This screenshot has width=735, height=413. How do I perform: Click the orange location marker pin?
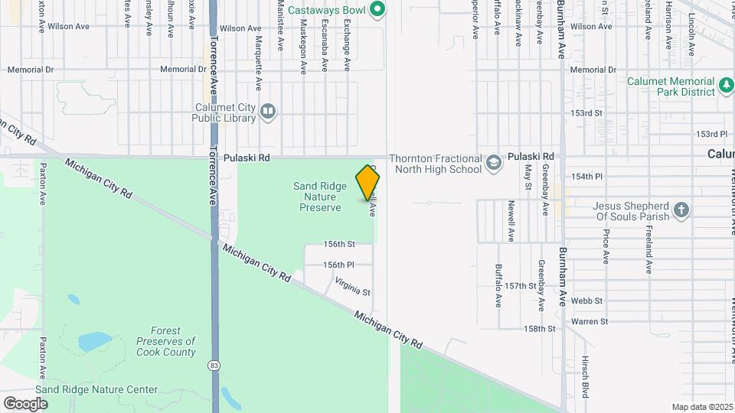(x=367, y=182)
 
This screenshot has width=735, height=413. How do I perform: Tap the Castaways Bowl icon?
(x=377, y=9)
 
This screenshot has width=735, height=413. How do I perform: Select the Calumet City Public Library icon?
(x=267, y=112)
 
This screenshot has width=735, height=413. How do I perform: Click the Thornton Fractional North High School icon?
(x=494, y=163)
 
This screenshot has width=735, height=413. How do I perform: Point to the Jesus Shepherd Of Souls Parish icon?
(x=681, y=210)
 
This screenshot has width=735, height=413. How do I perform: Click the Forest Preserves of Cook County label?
(x=165, y=341)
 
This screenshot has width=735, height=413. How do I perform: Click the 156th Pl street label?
(x=338, y=265)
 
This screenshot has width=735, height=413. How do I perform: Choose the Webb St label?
(x=587, y=301)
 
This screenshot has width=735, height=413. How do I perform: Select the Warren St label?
(x=589, y=322)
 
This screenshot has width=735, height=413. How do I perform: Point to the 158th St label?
(x=539, y=329)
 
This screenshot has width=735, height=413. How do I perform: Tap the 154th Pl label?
(x=586, y=177)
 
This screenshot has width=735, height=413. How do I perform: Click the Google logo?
(x=25, y=403)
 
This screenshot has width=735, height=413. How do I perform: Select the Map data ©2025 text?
(x=702, y=407)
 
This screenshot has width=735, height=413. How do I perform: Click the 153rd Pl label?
(x=711, y=134)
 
